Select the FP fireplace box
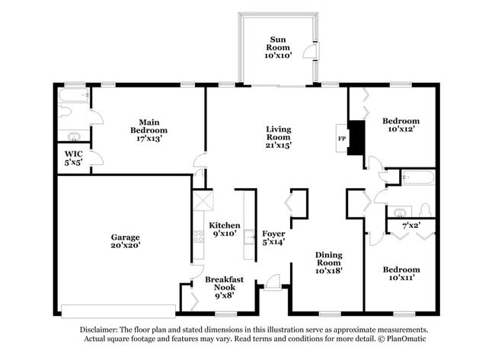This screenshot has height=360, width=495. (x=342, y=139)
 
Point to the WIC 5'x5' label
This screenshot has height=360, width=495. (x=74, y=158)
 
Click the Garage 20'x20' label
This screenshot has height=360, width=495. (x=124, y=241)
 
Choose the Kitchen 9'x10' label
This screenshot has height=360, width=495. (x=225, y=230)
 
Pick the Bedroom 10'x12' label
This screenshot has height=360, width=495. (x=401, y=126)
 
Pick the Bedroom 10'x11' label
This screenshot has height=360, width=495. (x=401, y=274)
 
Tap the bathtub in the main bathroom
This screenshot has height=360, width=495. (x=74, y=97)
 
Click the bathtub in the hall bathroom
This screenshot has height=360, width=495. (x=417, y=179)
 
